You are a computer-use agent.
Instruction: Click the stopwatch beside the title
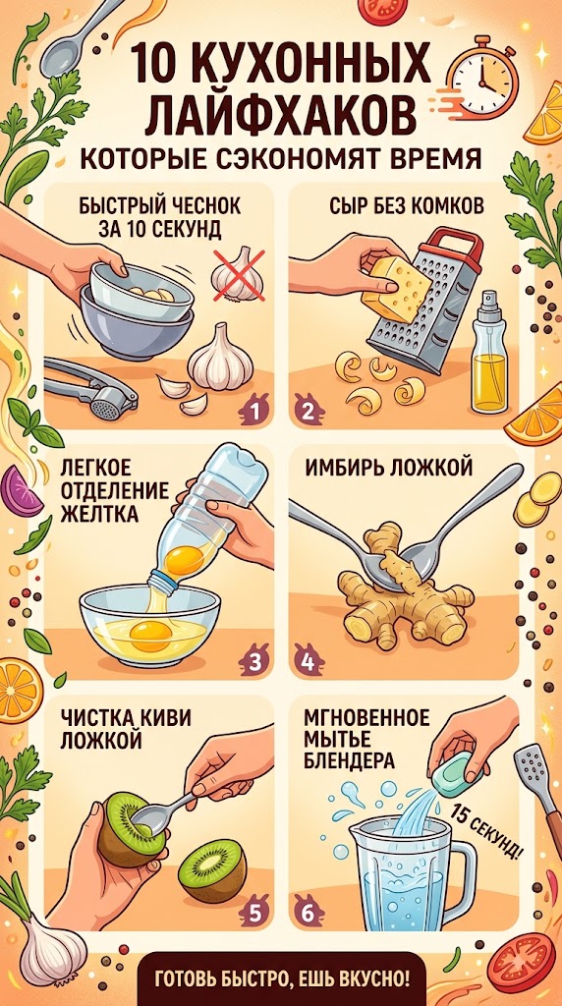pos(480,80)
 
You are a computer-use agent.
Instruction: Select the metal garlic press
pos(90,388)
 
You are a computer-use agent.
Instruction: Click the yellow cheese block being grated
pos(395,290)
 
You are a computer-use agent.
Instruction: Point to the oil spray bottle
pos(489,352)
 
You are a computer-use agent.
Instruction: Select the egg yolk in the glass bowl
pos(151,632)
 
